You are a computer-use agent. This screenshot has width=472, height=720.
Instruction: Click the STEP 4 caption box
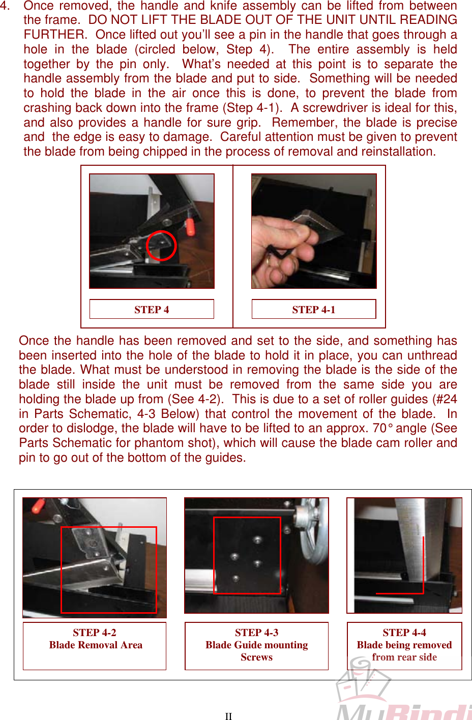(152, 310)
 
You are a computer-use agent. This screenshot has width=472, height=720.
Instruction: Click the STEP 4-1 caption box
(314, 310)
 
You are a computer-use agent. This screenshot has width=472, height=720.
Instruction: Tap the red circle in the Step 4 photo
(161, 246)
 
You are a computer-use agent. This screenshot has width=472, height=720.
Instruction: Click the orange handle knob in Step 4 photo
(190, 227)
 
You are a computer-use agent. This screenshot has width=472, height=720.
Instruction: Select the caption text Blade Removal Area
(96, 645)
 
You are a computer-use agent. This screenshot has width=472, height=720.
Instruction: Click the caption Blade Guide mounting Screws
(256, 651)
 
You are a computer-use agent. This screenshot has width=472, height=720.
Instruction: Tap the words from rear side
(404, 657)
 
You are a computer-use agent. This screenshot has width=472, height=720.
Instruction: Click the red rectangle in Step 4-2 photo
(108, 569)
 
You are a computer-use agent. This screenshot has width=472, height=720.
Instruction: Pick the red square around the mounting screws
(247, 555)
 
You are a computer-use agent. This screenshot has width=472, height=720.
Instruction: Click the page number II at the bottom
(228, 716)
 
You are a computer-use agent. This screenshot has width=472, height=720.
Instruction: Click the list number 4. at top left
(5, 6)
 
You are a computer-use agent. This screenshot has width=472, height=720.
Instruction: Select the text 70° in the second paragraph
(383, 428)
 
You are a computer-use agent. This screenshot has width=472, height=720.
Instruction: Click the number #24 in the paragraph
(448, 399)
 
